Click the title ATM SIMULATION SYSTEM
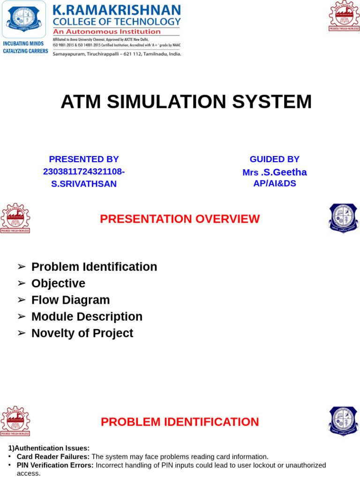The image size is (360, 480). [186, 102]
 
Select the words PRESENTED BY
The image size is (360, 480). [84, 159]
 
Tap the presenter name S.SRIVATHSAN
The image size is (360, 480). [84, 184]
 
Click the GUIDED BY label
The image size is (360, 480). [274, 159]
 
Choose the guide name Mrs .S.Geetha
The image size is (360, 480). [274, 172]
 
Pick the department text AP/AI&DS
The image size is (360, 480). [275, 183]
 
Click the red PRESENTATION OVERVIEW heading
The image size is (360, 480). [180, 219]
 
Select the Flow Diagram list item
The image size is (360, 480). [70, 300]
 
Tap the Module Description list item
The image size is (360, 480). [87, 316]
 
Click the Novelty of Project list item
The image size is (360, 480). [82, 333]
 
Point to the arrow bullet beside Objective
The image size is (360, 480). [21, 284]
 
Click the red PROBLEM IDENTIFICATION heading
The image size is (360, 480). [180, 422]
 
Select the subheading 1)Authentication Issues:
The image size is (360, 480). [49, 448]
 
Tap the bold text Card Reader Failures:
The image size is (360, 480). [53, 457]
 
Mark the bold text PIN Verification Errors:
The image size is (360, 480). [55, 465]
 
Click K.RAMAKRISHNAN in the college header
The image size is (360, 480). [116, 10]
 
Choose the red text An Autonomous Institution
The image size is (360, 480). [106, 31]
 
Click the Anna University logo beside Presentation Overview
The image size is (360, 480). [15, 218]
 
